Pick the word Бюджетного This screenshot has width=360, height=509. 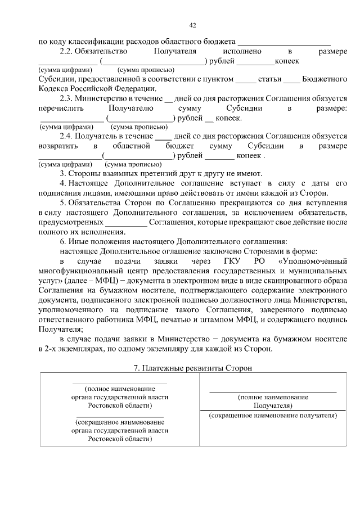tap(325, 79)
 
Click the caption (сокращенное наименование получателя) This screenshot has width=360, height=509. tap(272, 416)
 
